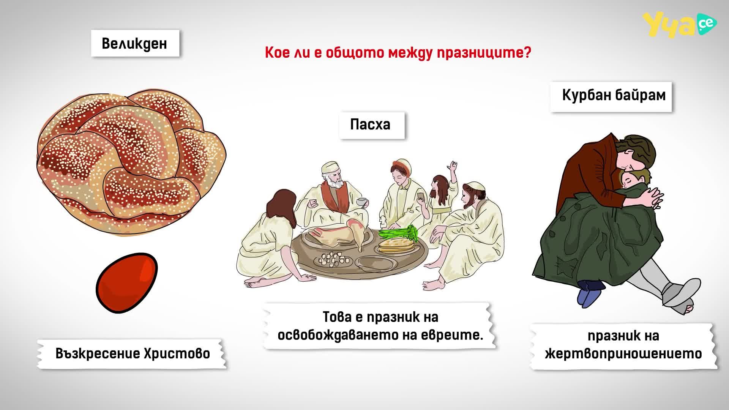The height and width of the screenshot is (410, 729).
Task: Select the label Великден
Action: pos(135,44)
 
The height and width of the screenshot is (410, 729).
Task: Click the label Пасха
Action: pos(370,125)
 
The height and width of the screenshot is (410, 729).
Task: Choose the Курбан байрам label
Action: pos(614,95)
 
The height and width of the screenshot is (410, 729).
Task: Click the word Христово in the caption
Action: pos(177,354)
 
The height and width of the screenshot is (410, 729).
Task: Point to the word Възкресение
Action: pos(98,354)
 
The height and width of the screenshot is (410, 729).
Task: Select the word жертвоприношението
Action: pos(623,354)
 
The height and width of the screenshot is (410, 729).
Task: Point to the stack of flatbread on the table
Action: pos(394,246)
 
